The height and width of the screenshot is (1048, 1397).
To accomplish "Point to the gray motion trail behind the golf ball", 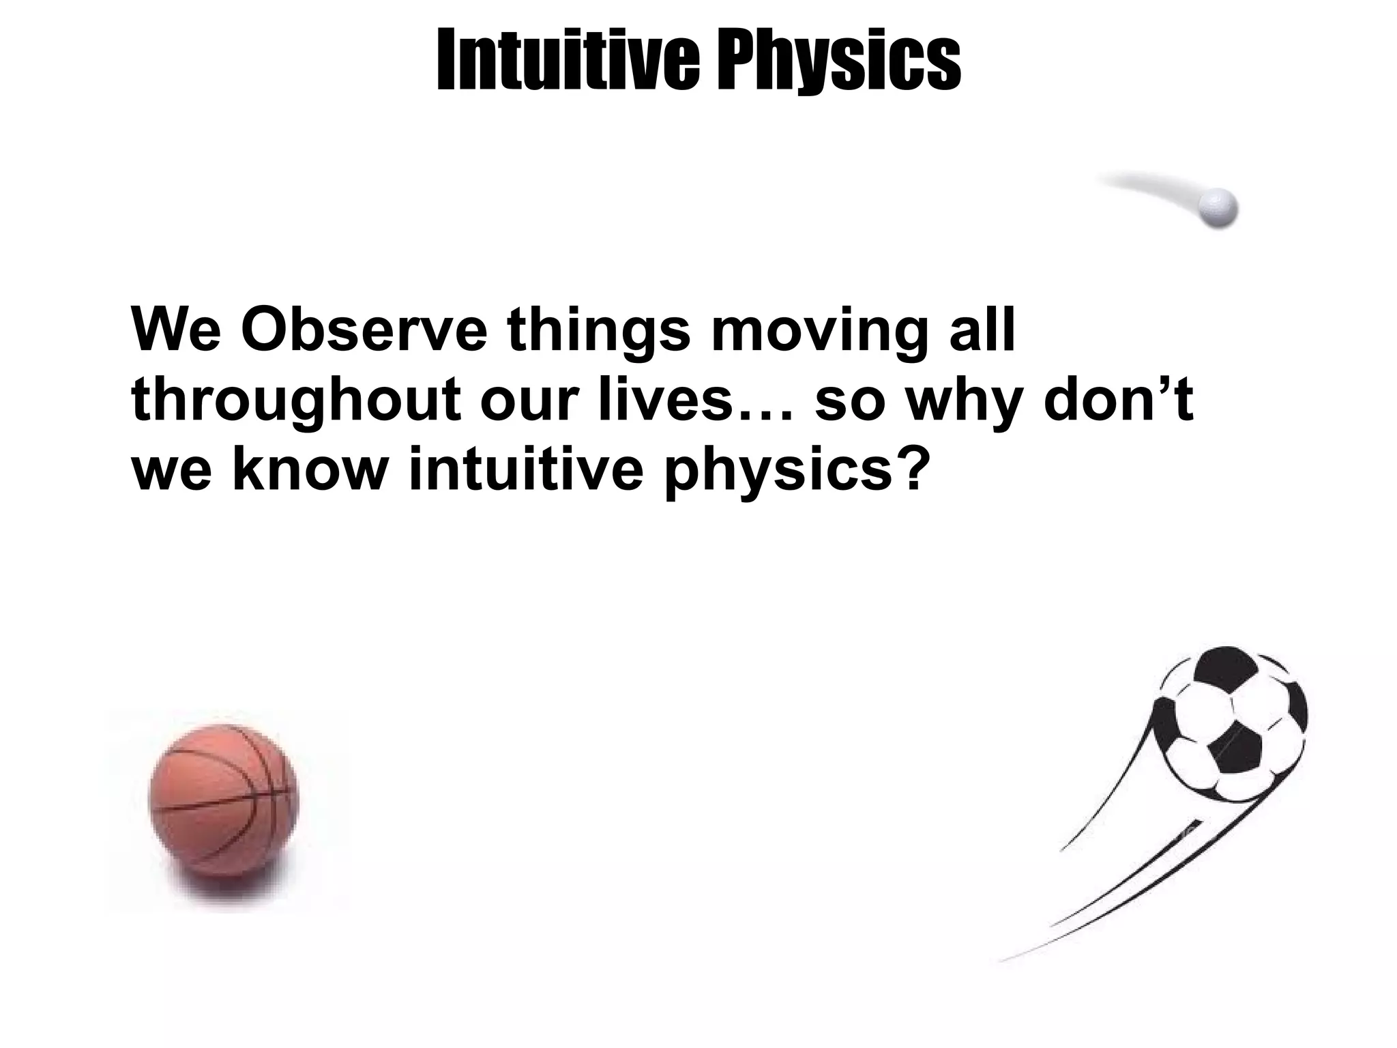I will pos(1146,187).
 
